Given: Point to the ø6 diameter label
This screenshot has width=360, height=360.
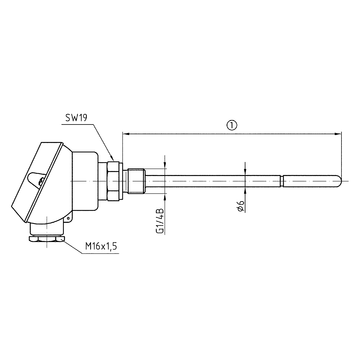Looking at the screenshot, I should [x=242, y=206].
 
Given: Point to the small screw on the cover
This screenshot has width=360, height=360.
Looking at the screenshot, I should [x=37, y=181].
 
